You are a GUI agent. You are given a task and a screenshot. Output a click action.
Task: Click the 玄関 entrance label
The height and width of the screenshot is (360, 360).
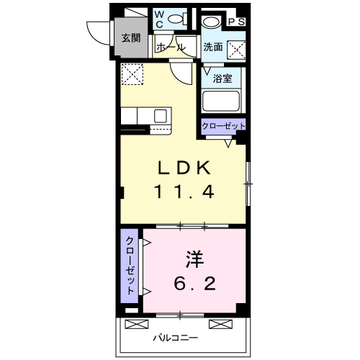[x=130, y=39]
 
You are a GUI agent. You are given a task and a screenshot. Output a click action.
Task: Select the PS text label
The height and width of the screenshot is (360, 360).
[x=236, y=22]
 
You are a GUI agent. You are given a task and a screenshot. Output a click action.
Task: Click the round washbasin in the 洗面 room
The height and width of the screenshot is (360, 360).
[x=209, y=22]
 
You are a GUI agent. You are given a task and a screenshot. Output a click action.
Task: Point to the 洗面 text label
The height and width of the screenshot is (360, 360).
[x=212, y=48]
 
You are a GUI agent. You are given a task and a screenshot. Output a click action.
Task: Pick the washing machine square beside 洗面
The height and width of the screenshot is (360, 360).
[x=235, y=49]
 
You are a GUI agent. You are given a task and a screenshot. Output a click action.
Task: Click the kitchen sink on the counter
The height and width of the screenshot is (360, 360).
[x=160, y=115]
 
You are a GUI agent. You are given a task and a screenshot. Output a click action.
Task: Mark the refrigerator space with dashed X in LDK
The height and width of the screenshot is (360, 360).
[x=132, y=74]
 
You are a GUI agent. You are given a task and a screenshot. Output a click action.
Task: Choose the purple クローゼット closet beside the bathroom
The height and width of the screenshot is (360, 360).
[x=223, y=127]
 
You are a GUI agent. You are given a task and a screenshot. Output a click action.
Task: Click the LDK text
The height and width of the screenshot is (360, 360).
[x=184, y=168]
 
